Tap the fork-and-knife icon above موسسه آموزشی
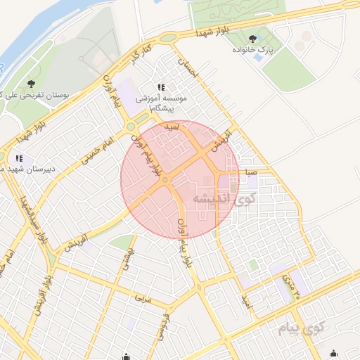tap(161, 87)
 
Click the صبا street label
tap(252, 172)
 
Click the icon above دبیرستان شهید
tap(19, 159)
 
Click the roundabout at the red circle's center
tap(165, 181)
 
